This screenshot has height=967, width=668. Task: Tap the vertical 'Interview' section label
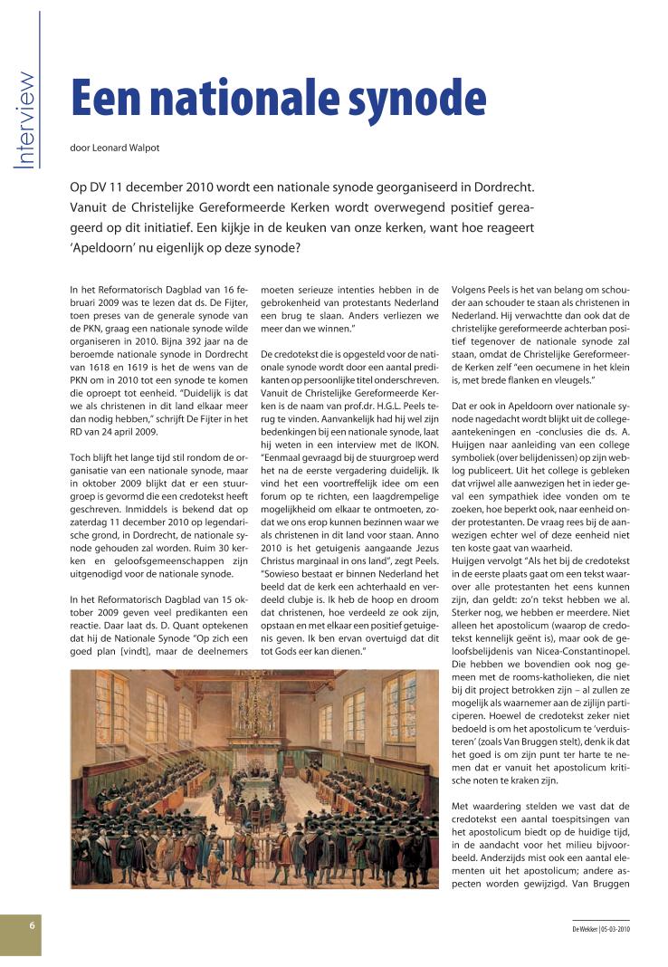pos(26,120)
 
